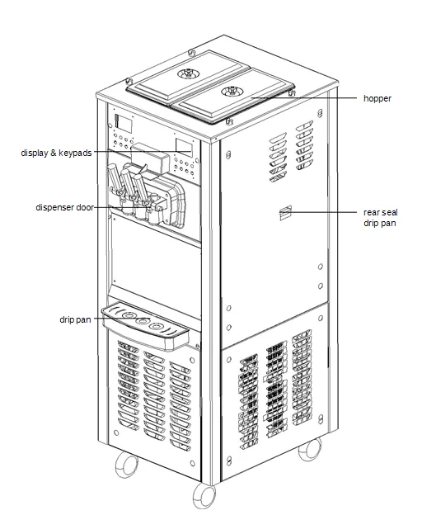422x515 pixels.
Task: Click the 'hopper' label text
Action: click(377, 98)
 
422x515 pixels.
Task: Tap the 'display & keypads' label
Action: click(56, 153)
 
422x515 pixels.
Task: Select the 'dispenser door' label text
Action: click(64, 208)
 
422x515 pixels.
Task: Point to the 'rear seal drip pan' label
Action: click(380, 218)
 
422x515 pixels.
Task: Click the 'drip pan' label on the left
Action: click(75, 319)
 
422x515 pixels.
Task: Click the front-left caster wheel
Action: click(126, 464)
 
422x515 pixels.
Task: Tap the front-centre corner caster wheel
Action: click(204, 495)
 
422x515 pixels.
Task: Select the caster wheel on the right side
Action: click(310, 449)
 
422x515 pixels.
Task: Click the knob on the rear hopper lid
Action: click(189, 73)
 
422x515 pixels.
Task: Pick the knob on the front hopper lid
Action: click(232, 91)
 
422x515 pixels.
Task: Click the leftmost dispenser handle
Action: click(115, 180)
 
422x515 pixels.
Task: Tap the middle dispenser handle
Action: click(129, 185)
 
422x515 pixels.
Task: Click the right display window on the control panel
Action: click(184, 148)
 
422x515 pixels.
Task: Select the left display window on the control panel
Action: click(124, 124)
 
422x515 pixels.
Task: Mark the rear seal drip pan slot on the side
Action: click(285, 213)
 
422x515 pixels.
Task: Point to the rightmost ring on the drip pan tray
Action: click(156, 326)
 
